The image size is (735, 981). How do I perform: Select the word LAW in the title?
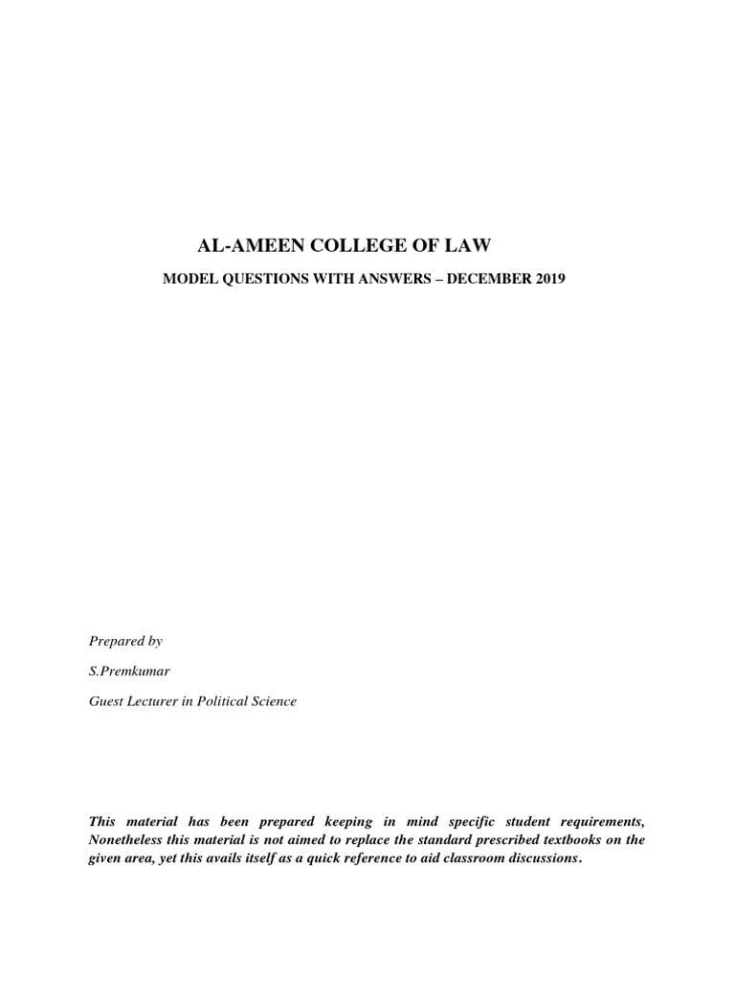point(469,247)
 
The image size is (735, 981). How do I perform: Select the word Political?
point(227,701)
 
